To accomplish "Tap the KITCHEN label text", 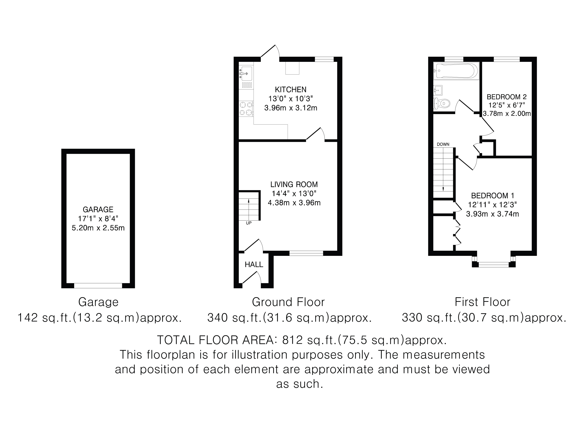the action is (x=291, y=90).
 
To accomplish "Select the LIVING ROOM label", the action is (x=294, y=184).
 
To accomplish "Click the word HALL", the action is (x=254, y=265).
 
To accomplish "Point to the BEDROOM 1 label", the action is (x=493, y=195).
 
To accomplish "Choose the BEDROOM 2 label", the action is (x=506, y=97).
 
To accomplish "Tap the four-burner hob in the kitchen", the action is (x=246, y=108).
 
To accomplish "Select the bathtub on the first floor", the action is (x=456, y=70).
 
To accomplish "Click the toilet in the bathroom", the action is (x=442, y=104).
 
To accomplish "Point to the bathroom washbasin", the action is (x=438, y=90).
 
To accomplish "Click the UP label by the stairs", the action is (x=249, y=223).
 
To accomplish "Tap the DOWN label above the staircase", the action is (x=443, y=144).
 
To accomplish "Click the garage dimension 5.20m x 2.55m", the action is (x=98, y=228).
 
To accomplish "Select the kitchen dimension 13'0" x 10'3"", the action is (x=291, y=99).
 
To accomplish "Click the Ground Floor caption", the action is (x=288, y=302).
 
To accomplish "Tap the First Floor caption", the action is (x=482, y=302).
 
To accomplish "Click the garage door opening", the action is (x=98, y=286).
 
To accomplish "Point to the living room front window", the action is (x=306, y=253).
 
